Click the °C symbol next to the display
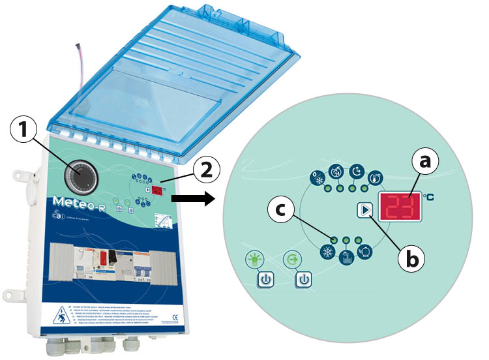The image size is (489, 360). tap(428, 194)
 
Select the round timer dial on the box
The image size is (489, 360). tap(81, 173)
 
